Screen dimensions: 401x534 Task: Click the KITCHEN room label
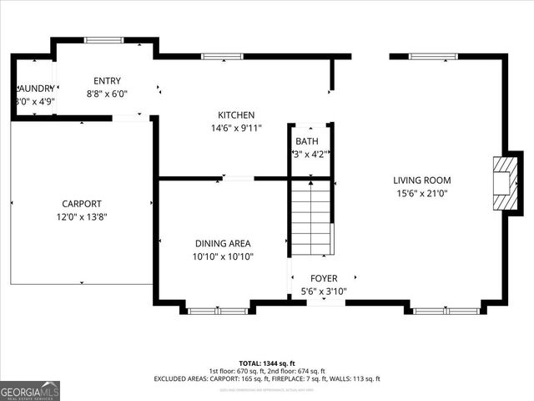[x=236, y=115]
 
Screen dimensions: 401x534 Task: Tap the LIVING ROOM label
[x=422, y=180]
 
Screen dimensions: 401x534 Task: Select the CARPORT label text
[x=82, y=204]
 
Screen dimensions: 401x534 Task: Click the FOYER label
[x=324, y=279]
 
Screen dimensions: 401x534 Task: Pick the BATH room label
[x=306, y=141]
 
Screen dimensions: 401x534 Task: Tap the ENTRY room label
[x=107, y=81]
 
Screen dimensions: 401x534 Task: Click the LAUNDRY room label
[x=33, y=89]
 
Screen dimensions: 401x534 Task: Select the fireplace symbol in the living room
[x=504, y=183]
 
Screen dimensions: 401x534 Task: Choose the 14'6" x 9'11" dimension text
[x=236, y=129]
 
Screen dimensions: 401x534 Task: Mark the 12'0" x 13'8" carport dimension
[x=82, y=217]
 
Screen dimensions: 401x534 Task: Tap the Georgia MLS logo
[x=30, y=390]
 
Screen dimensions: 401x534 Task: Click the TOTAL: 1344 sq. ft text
[x=267, y=363]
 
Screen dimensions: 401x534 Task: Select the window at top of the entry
[x=104, y=39]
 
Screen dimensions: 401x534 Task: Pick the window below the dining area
[x=218, y=311]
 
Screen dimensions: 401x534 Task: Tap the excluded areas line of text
[x=267, y=379]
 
